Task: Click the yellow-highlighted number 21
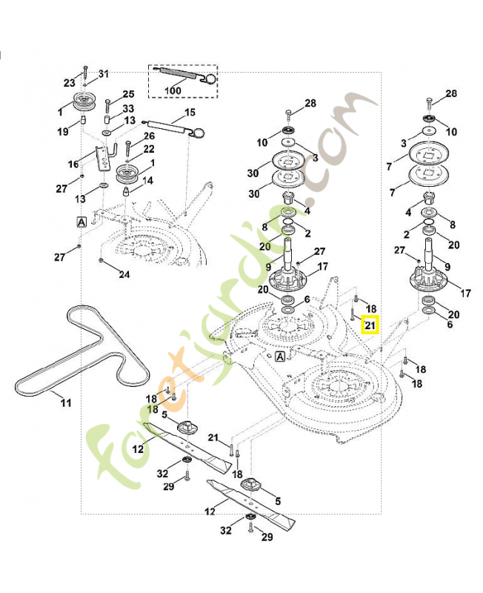[x=370, y=324]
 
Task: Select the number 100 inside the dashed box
[x=173, y=90]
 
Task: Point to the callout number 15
[x=190, y=113]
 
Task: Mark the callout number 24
[x=124, y=274]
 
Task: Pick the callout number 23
[x=70, y=83]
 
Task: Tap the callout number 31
[x=104, y=73]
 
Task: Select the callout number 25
[x=129, y=94]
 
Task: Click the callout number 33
[x=129, y=108]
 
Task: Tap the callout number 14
[x=148, y=180]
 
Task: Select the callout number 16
[x=73, y=164]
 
